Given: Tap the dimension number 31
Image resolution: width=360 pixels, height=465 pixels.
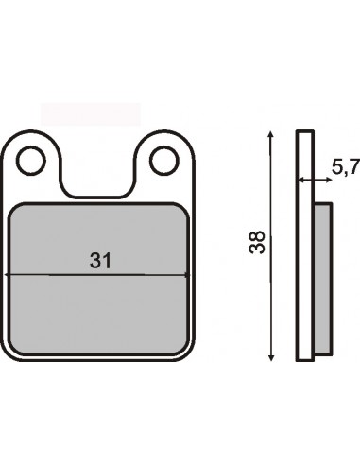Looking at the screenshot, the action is [x=101, y=261].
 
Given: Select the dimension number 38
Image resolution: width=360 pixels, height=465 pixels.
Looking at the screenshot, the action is [x=257, y=242].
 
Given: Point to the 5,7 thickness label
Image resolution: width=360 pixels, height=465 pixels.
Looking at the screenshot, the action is [x=345, y=166].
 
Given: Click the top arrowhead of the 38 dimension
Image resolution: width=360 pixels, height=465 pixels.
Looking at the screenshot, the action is [x=271, y=134].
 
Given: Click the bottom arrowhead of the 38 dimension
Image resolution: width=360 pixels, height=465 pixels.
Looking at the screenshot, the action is [x=271, y=357].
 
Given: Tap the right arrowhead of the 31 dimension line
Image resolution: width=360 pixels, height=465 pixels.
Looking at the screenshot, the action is [x=187, y=275].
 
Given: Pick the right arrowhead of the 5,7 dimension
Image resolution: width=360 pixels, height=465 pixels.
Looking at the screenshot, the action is [x=329, y=181].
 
